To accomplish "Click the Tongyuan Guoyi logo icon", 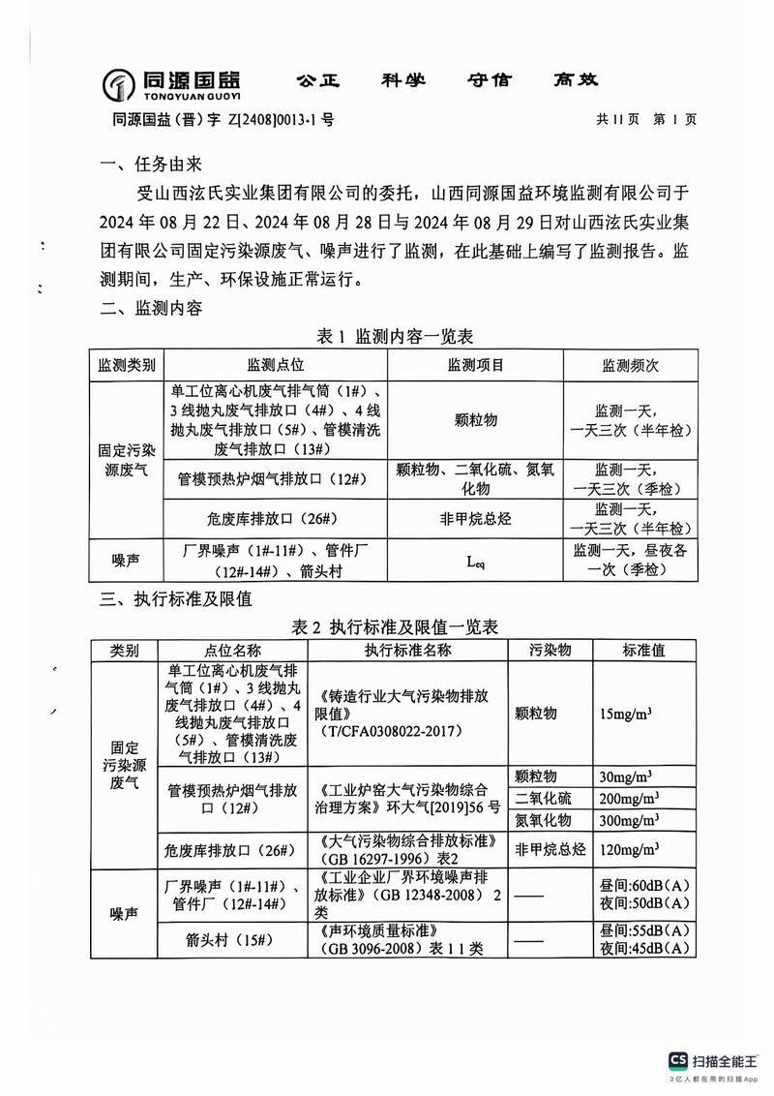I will tap(119, 84).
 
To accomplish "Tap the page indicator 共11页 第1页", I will tap(646, 120).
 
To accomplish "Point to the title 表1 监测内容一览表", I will tap(395, 336).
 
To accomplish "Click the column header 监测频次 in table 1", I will tap(630, 365).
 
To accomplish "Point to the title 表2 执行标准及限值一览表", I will tap(395, 625).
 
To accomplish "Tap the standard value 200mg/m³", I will tap(630, 799).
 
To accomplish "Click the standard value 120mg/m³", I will tap(630, 849).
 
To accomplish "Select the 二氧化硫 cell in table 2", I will tap(544, 799).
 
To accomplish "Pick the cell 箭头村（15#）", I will tap(230, 939).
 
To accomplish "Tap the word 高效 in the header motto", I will tap(578, 80).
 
